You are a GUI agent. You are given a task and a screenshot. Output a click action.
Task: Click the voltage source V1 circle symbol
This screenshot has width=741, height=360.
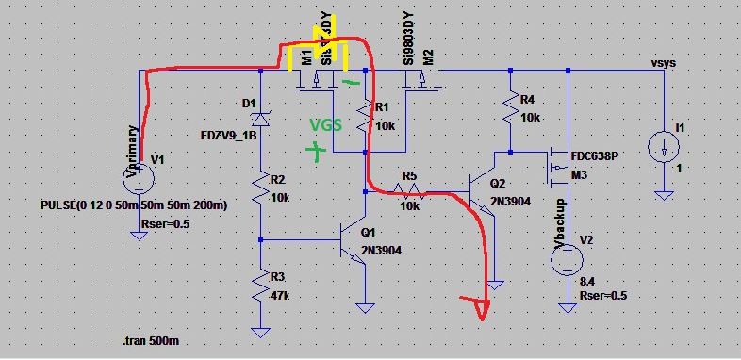[x=139, y=172]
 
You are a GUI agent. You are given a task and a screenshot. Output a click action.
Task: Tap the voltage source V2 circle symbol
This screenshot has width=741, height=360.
[x=567, y=261]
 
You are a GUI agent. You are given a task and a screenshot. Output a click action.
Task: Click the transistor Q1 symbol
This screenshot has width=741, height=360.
[x=355, y=241]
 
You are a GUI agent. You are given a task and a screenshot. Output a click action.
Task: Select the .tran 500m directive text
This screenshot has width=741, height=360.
[x=154, y=340]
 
